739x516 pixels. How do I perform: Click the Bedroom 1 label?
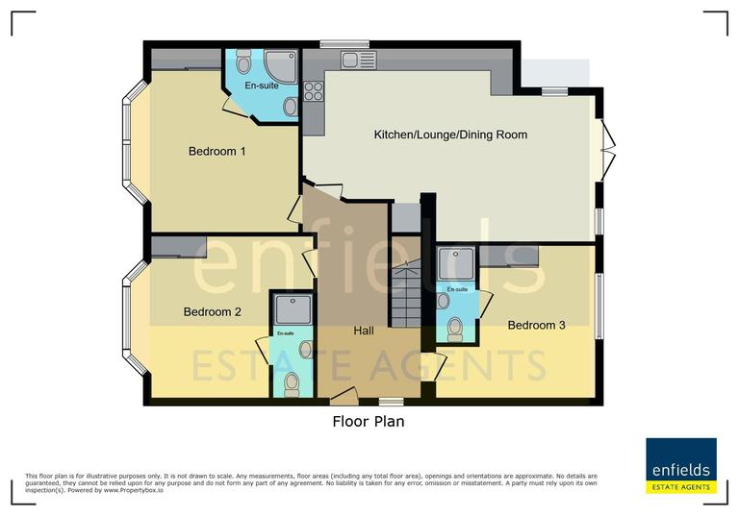[217, 152]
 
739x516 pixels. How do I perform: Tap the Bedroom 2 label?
[212, 311]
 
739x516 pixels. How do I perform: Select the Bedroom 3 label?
[536, 325]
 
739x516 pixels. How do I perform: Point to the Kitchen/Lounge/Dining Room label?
[450, 135]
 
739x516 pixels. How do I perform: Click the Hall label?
[364, 331]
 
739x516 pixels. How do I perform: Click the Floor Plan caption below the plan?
[369, 421]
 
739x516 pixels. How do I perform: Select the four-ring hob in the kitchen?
[314, 90]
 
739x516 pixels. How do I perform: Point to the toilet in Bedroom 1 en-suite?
[243, 63]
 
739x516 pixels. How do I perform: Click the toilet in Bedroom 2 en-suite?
[293, 383]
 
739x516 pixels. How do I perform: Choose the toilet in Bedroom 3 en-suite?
[456, 330]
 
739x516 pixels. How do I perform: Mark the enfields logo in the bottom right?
[680, 466]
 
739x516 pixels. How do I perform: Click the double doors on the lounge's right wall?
[606, 150]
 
